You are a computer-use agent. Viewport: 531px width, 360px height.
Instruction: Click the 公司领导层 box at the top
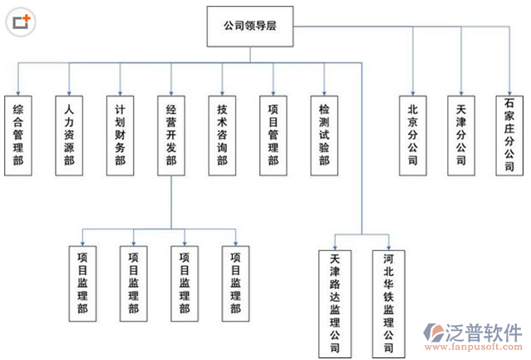pyautogui.click(x=249, y=27)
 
